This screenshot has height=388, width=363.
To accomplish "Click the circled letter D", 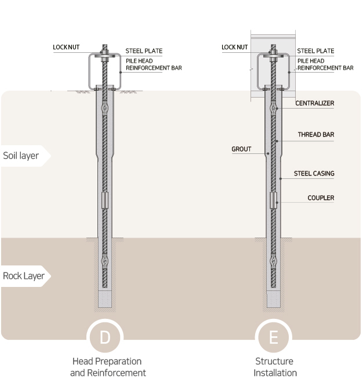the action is [105, 337].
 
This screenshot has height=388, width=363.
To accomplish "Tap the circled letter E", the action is [274, 337].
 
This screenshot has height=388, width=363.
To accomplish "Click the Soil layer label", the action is [21, 156].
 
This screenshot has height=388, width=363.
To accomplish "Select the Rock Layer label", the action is [24, 276].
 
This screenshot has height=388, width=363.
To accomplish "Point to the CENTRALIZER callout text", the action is [314, 103].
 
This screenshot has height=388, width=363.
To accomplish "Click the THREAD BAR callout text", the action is [316, 134].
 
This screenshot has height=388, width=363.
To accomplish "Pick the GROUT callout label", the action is [241, 149].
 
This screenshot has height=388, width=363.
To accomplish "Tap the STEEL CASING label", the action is [314, 174].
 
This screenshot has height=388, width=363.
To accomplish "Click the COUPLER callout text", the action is [321, 197].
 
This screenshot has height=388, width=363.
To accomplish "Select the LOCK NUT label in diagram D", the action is [66, 47].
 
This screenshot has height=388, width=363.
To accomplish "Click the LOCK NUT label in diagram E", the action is [234, 47].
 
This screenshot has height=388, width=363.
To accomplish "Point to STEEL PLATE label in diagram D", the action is [144, 51].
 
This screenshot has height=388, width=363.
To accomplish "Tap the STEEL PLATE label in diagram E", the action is [315, 51].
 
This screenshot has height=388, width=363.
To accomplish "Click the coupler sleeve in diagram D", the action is [105, 200].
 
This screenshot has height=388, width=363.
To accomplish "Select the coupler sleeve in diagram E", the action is [273, 200].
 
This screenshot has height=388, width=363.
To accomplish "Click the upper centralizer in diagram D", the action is [105, 108].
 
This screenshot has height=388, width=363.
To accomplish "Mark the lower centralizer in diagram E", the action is [273, 260].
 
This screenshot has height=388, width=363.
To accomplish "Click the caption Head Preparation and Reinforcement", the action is [108, 367].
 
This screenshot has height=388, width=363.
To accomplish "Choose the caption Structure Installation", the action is [275, 367].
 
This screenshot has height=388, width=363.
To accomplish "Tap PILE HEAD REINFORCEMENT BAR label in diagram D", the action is [154, 64].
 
